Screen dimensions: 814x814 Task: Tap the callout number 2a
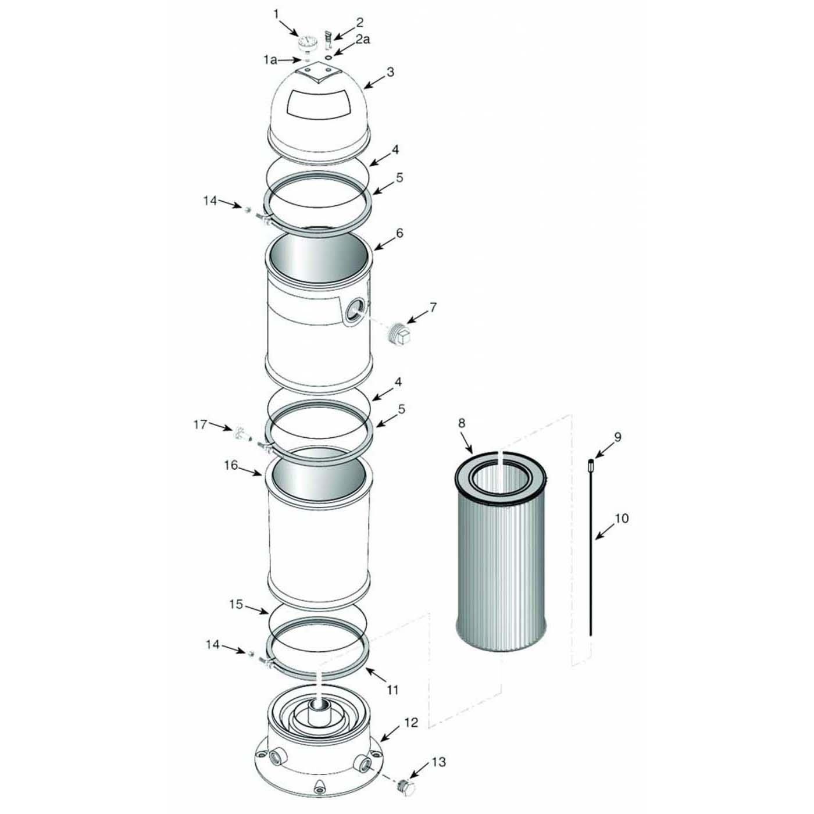pyautogui.click(x=363, y=40)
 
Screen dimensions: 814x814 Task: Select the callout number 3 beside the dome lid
pyautogui.click(x=390, y=72)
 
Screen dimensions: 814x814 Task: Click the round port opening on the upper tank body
pyautogui.click(x=355, y=310)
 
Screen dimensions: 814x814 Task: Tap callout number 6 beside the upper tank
pyautogui.click(x=399, y=233)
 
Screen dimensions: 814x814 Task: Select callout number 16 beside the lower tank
pyautogui.click(x=231, y=465)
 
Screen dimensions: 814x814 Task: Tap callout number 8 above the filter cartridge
pyautogui.click(x=462, y=423)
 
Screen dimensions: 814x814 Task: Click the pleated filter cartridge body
pyautogui.click(x=501, y=570)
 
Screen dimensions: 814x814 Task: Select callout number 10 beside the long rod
pyautogui.click(x=622, y=518)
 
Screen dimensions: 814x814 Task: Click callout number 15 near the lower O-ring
pyautogui.click(x=235, y=605)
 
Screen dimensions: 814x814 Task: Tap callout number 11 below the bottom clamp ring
pyautogui.click(x=392, y=690)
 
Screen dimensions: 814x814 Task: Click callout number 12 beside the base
pyautogui.click(x=411, y=723)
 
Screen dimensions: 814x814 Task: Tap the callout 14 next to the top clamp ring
pyautogui.click(x=210, y=201)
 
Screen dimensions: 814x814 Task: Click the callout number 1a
pyautogui.click(x=270, y=59)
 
